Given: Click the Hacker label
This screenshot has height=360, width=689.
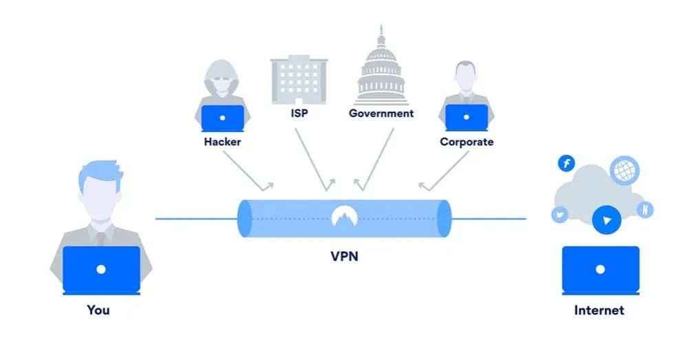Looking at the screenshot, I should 222,142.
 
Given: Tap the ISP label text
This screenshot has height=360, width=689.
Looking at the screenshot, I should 299,113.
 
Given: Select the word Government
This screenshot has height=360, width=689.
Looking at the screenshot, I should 381,113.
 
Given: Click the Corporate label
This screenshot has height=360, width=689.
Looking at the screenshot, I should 467,142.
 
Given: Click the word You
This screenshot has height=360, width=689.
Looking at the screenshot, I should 98,310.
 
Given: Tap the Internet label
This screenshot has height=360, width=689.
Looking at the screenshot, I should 599,310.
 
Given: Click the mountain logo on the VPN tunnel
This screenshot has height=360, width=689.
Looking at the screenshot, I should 343,216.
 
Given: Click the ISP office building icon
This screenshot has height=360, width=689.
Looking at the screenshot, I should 299,78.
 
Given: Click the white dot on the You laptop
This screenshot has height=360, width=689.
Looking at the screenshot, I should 101,270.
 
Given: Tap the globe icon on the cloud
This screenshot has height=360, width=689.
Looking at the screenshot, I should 624,170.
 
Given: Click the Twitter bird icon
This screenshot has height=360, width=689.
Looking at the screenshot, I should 560,215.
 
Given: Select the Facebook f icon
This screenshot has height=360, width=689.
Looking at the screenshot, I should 566,163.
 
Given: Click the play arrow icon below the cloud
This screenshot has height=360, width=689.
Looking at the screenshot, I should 606,220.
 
